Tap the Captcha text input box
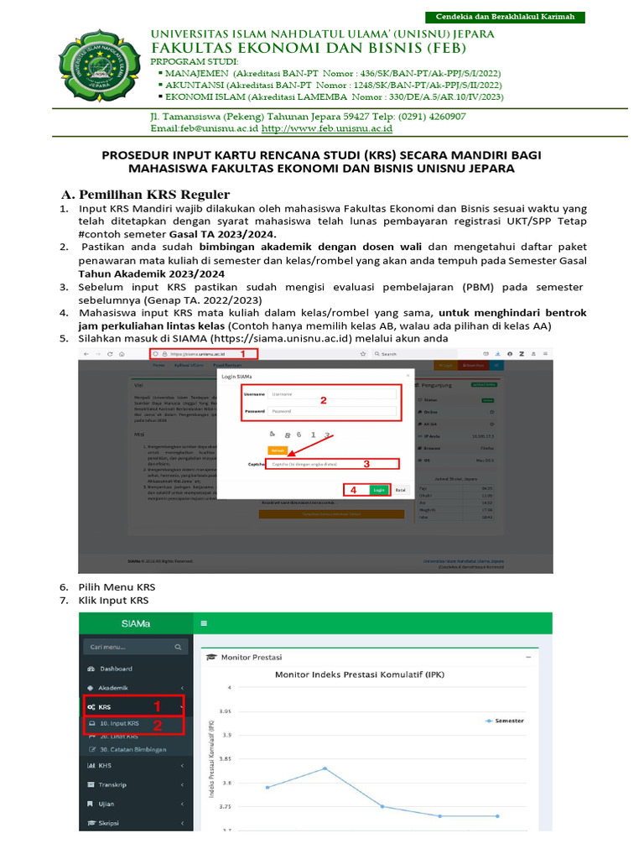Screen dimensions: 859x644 tap(331, 464)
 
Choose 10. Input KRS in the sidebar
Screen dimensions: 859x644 tap(120, 723)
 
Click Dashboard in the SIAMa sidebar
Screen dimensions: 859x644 tap(117, 669)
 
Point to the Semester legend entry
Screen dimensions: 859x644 tap(504, 721)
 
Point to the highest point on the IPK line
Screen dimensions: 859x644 tap(325, 768)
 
